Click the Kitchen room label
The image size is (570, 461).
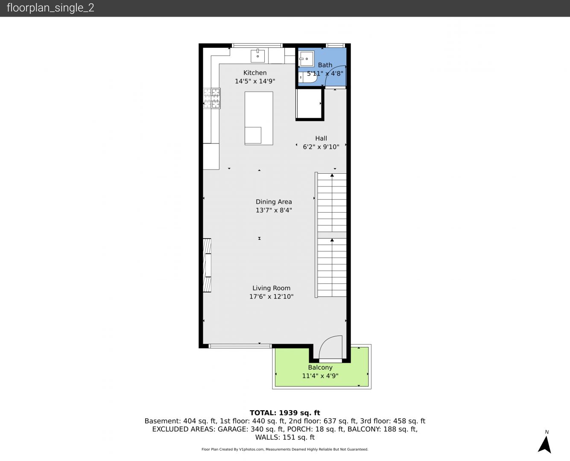255,73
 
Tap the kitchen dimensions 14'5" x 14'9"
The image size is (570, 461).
255,81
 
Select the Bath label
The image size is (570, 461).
325,65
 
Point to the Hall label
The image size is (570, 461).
321,138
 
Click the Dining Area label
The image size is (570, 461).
274,202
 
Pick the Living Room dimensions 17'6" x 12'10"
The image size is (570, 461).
272,297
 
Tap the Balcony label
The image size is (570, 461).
320,368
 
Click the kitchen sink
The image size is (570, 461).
257,55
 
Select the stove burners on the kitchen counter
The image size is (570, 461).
212,99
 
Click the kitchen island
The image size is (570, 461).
259,118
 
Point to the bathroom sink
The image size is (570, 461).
307,58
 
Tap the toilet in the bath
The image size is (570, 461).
308,77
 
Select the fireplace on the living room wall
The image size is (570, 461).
207,265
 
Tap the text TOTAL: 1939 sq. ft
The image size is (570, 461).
285,413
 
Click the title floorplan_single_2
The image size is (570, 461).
50,8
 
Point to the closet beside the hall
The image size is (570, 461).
309,104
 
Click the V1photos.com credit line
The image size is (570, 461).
285,449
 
